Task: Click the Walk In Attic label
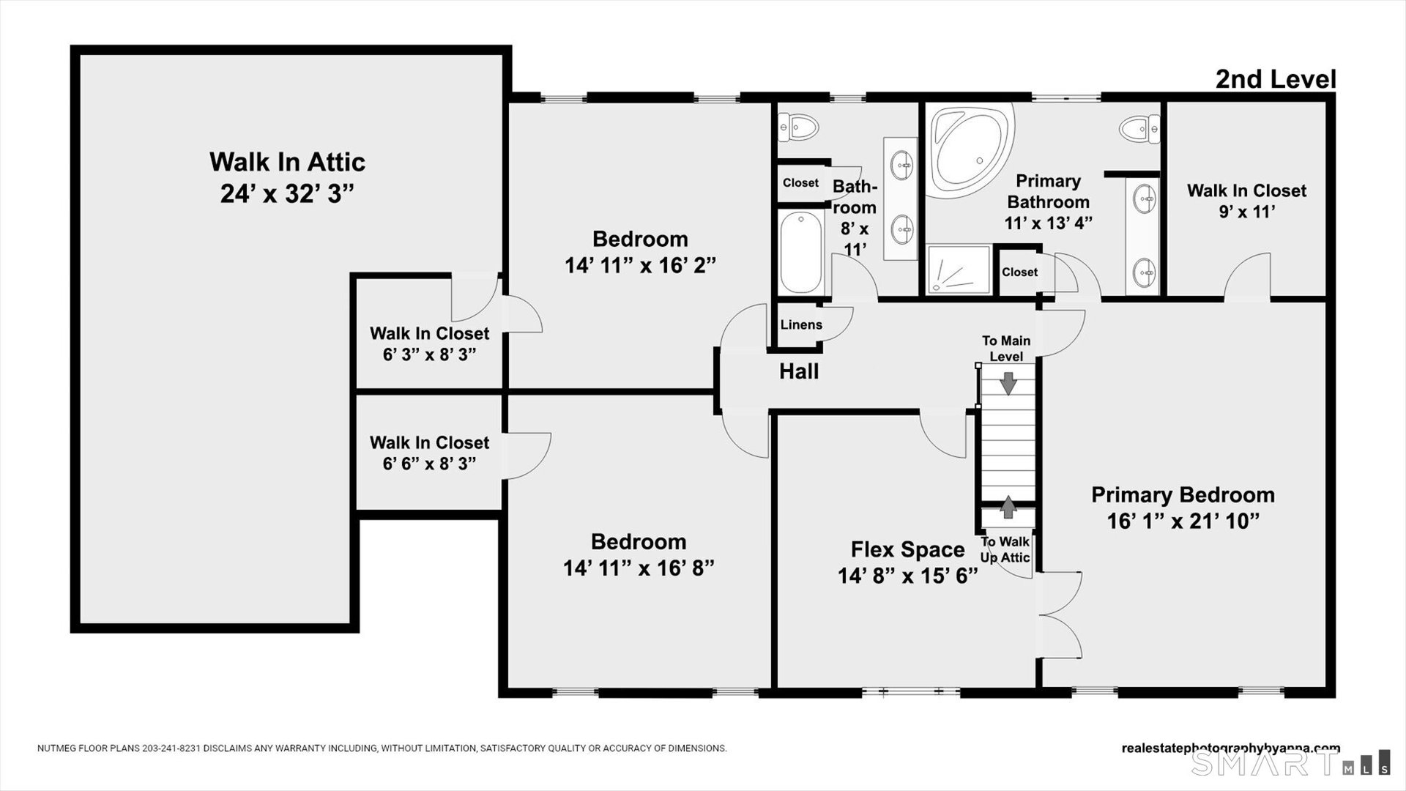(287, 162)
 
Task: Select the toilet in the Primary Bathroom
(1139, 129)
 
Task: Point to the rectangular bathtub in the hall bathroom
(802, 252)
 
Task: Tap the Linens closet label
(801, 324)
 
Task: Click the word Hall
(799, 371)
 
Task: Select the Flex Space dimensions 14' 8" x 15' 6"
(908, 576)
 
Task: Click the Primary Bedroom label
(1183, 495)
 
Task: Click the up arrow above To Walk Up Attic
(1009, 507)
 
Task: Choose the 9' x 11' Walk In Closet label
(1246, 201)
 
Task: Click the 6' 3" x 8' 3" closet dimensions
(429, 354)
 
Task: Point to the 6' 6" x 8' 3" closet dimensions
(429, 464)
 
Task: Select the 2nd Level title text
(1276, 79)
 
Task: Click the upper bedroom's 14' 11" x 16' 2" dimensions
(640, 265)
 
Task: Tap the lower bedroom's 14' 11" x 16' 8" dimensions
(639, 568)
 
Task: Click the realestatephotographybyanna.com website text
(1231, 749)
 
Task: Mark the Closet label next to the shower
(1019, 272)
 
